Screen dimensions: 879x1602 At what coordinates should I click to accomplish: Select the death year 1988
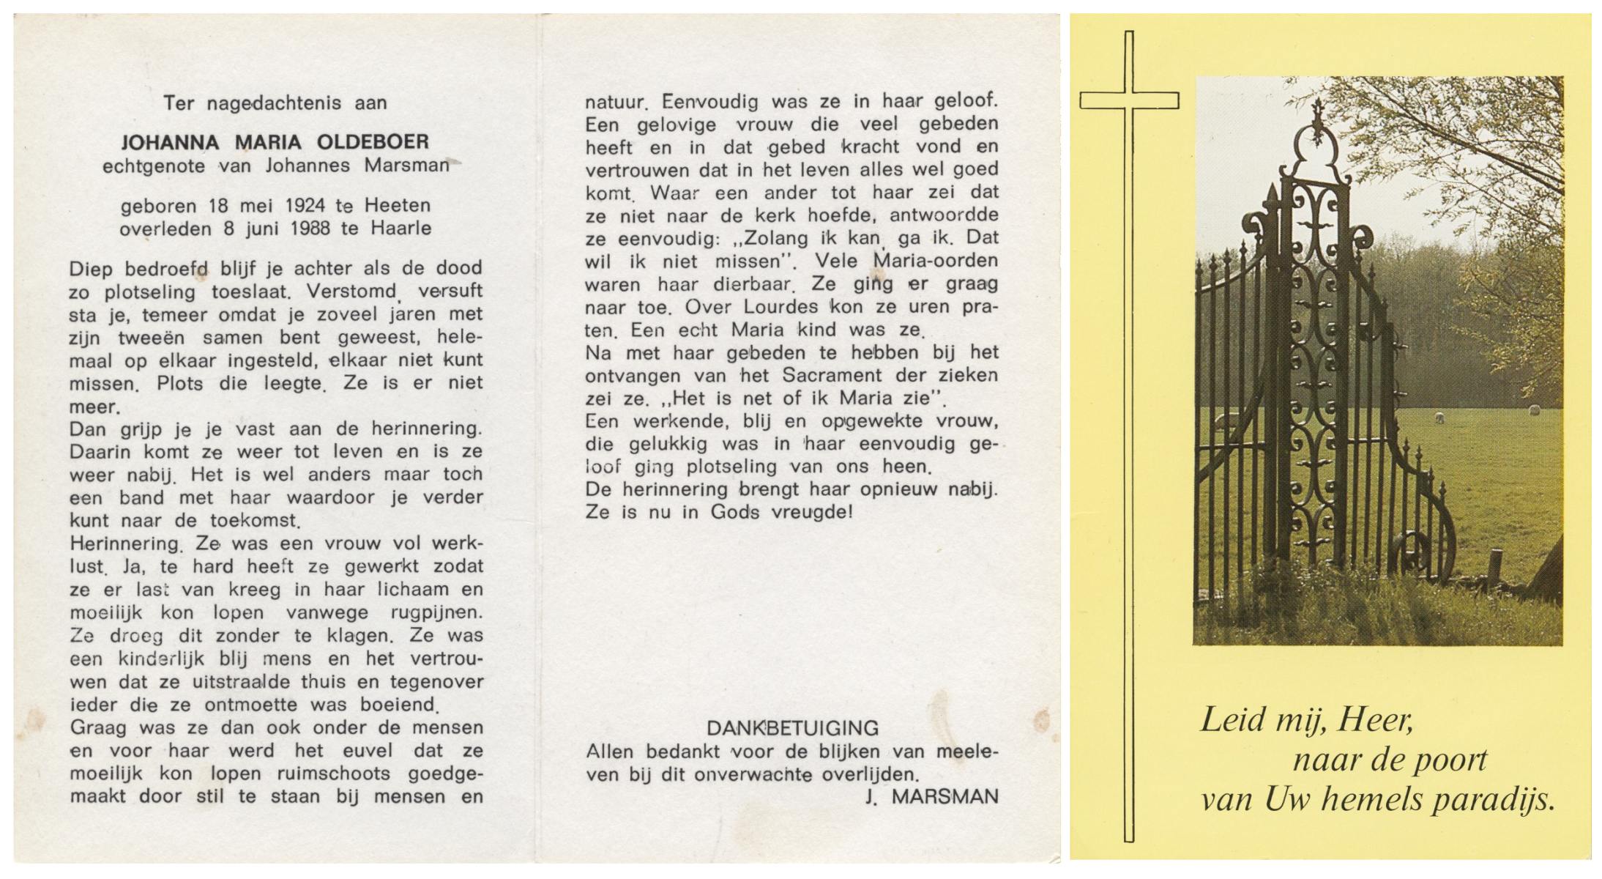(310, 229)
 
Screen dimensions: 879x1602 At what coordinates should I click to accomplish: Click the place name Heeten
(398, 206)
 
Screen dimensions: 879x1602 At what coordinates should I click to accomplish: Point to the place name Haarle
(401, 229)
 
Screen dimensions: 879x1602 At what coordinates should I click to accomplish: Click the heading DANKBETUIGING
(792, 728)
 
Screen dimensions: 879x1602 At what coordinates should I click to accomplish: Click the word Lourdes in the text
(779, 307)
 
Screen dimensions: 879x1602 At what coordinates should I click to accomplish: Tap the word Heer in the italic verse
(1375, 721)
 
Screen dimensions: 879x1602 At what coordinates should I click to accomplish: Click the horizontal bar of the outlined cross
(1129, 100)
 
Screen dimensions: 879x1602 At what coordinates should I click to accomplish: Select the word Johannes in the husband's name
(308, 166)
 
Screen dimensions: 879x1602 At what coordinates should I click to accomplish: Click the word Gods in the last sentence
(735, 513)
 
